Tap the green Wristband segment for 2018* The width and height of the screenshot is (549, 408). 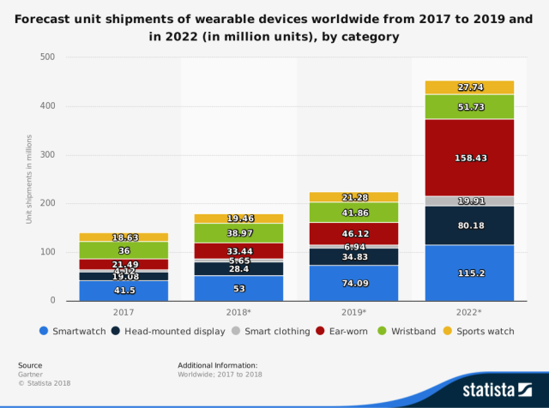pyautogui.click(x=238, y=232)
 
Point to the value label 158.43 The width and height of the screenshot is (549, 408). pyautogui.click(x=471, y=158)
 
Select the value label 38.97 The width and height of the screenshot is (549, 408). pyautogui.click(x=238, y=233)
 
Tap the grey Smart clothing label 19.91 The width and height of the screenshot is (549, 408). pyautogui.click(x=471, y=201)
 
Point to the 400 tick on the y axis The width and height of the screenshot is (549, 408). pyautogui.click(x=47, y=106)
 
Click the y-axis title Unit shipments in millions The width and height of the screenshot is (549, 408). pyautogui.click(x=28, y=179)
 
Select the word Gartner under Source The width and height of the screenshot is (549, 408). pyautogui.click(x=31, y=374)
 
